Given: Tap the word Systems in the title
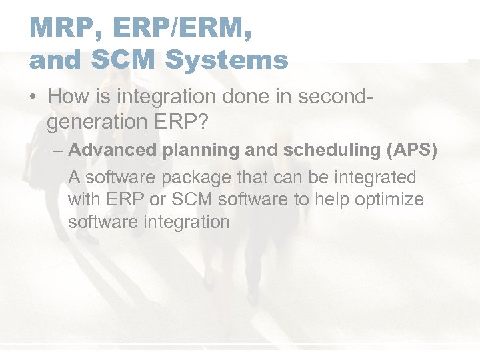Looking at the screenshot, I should (x=227, y=59).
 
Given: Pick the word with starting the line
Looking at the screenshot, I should (x=83, y=200).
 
